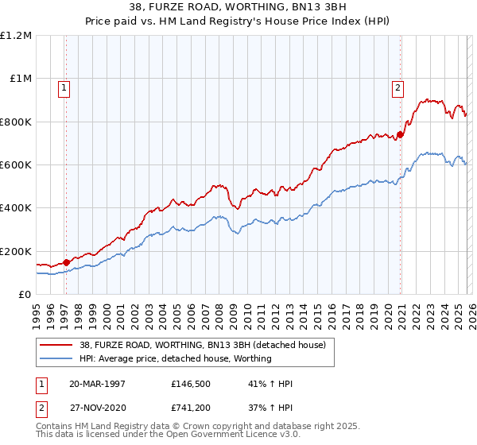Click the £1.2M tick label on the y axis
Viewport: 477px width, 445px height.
click(x=16, y=35)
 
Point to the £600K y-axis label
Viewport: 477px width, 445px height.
click(x=16, y=164)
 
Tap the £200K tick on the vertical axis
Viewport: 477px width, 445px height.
click(x=16, y=251)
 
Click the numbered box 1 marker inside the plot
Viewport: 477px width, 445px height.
click(x=63, y=88)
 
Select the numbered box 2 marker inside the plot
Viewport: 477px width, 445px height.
click(x=397, y=88)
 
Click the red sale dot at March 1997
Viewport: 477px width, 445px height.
click(x=67, y=261)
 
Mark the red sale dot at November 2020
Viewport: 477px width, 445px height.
click(x=400, y=134)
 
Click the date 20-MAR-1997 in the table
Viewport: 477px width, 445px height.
click(x=97, y=384)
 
